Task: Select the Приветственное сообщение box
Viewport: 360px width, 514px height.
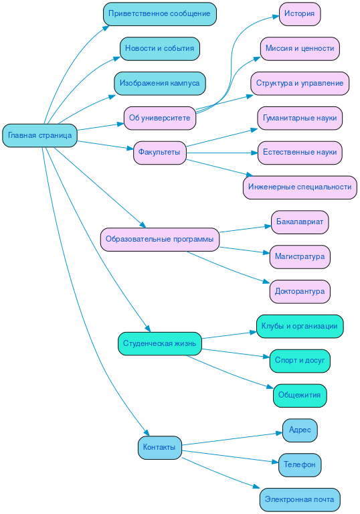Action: (159, 13)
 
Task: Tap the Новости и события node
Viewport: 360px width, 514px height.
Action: (159, 48)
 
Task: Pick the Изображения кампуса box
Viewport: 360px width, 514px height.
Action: (159, 83)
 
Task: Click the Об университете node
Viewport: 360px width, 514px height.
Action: (159, 118)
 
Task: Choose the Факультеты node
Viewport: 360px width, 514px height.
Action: (159, 152)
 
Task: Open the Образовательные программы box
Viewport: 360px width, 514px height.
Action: (159, 239)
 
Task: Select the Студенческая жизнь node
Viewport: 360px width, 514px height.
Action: (159, 343)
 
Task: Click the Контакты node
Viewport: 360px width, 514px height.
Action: (159, 447)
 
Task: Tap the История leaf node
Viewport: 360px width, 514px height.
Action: (299, 13)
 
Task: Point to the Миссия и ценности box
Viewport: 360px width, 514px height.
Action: (299, 48)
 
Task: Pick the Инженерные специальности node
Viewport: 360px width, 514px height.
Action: (299, 187)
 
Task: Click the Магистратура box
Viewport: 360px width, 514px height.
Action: (299, 256)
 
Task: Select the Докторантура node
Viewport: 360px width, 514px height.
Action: (299, 291)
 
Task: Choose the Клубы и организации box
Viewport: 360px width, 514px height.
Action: (299, 326)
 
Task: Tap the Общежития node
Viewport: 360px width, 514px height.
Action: (299, 395)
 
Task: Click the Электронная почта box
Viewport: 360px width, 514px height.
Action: (299, 499)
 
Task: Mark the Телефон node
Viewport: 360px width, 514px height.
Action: (299, 464)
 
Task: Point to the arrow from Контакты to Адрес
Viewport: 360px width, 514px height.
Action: (231, 438)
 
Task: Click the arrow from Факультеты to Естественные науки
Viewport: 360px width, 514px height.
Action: (221, 153)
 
